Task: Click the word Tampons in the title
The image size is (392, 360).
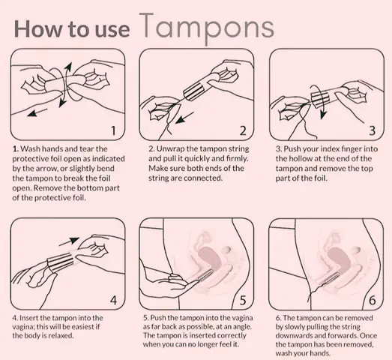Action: [207, 28]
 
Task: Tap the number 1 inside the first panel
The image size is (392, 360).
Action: [113, 130]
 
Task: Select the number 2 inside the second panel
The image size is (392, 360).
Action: [243, 130]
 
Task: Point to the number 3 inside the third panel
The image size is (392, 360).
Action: [373, 130]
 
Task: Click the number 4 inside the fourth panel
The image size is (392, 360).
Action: [113, 300]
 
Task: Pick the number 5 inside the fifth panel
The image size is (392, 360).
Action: [243, 300]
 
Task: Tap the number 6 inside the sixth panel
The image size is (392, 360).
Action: [373, 300]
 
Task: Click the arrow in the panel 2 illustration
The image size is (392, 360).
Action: [184, 117]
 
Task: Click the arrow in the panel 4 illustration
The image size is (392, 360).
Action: [69, 241]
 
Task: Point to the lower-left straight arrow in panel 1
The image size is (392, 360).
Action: [37, 112]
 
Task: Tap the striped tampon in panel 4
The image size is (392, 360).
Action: [60, 262]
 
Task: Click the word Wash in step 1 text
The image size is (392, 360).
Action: [30, 148]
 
